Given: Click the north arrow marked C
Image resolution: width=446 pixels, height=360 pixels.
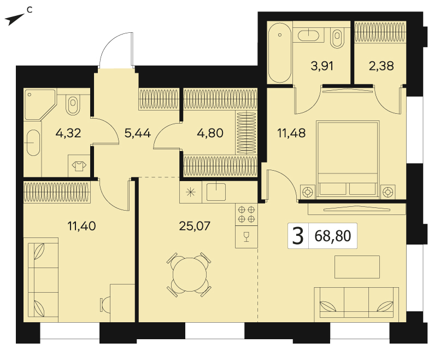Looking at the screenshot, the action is click(x=14, y=20).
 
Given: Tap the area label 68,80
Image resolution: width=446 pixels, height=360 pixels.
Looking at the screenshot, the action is click(x=333, y=236).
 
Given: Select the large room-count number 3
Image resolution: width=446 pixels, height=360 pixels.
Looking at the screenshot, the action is click(x=298, y=236).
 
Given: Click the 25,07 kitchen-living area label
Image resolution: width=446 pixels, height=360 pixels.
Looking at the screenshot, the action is click(x=195, y=226).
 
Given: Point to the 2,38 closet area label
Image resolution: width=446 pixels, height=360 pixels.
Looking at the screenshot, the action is click(x=381, y=66).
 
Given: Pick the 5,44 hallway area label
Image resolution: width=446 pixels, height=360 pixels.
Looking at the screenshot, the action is click(x=138, y=133).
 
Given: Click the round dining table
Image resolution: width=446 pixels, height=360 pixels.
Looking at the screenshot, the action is click(x=190, y=274).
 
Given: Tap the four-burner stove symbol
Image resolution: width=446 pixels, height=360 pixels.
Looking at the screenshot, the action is click(x=247, y=214).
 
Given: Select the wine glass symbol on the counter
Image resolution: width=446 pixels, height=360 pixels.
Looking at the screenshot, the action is click(x=247, y=237).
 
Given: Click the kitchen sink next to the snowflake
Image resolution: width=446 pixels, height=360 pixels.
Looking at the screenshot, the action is click(x=216, y=192).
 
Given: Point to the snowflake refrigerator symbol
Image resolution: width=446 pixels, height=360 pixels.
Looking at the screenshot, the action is click(x=191, y=192).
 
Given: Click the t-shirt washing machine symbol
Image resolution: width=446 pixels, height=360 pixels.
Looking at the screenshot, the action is click(x=79, y=166).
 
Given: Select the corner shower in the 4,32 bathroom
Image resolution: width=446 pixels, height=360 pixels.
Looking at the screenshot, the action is click(x=39, y=104).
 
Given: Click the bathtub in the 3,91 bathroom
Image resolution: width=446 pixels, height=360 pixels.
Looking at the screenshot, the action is click(x=280, y=53).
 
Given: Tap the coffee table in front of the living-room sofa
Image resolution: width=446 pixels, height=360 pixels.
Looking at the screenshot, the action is click(x=357, y=267).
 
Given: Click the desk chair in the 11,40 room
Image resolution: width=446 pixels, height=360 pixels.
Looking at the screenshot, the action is click(x=105, y=305).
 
